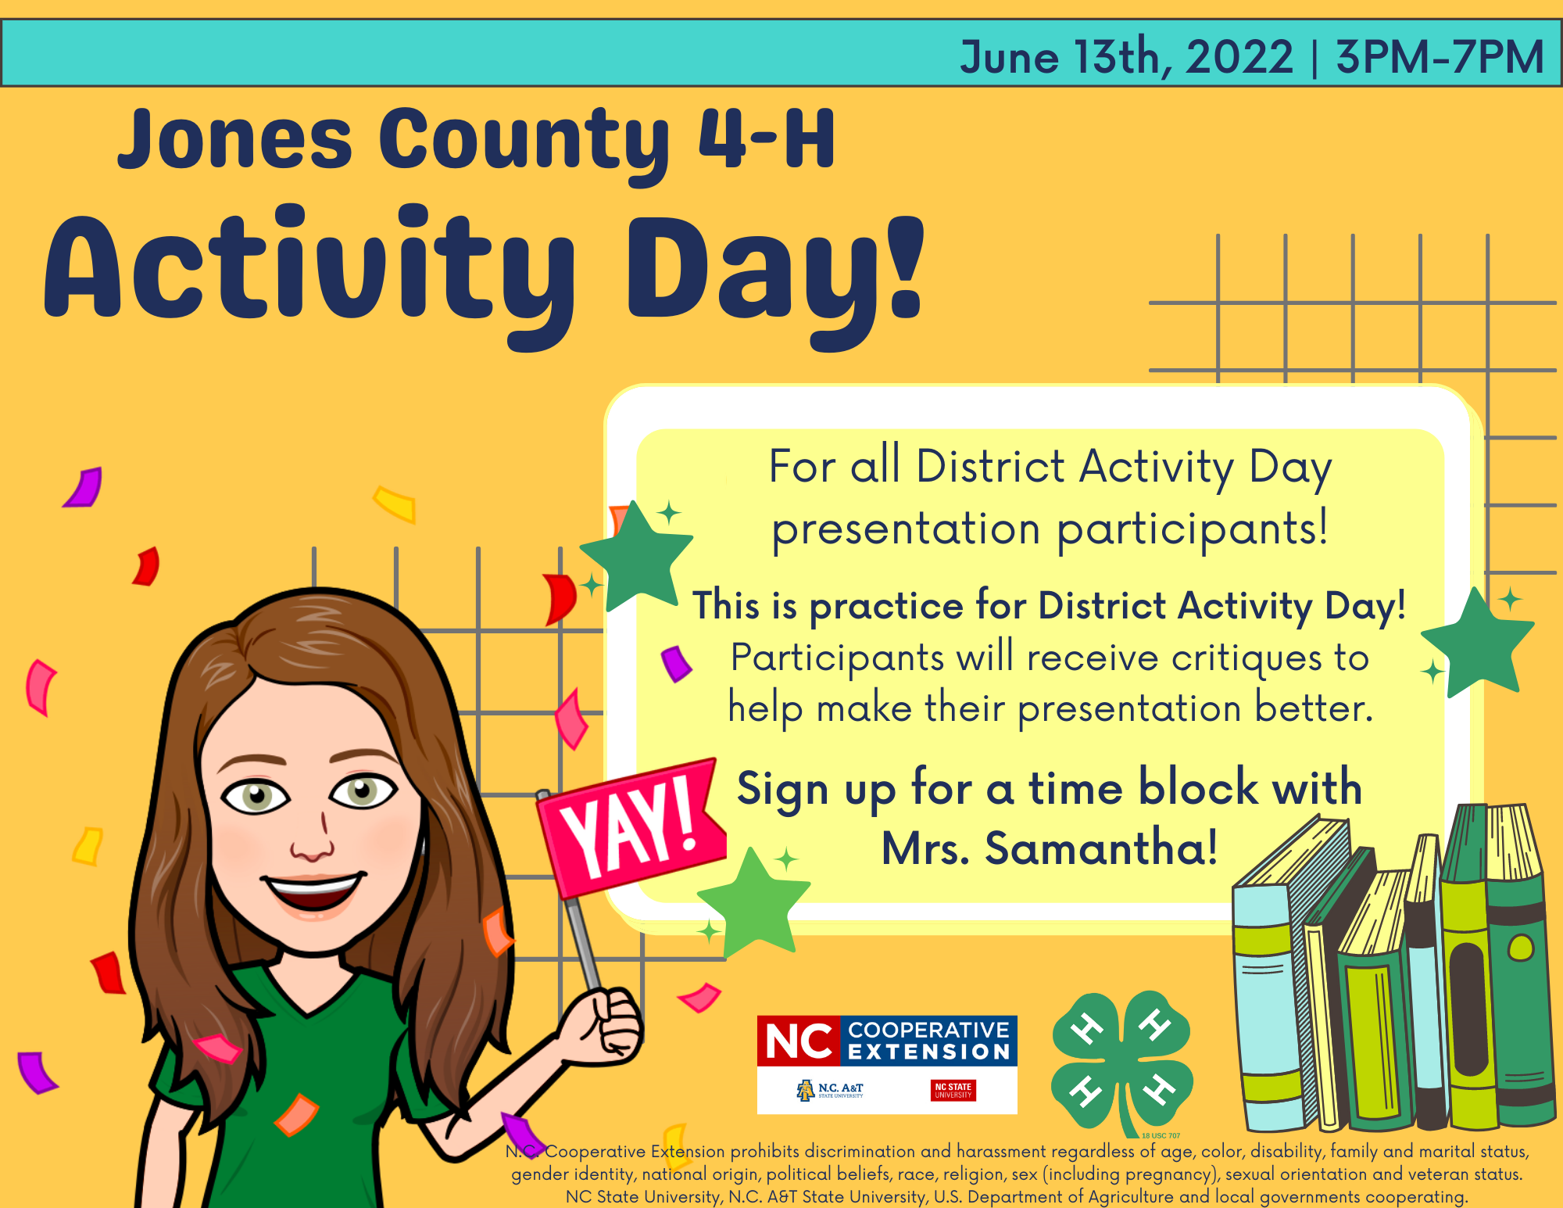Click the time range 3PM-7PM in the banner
[x=1440, y=56]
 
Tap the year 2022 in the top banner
[x=1239, y=57]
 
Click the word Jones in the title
[x=235, y=140]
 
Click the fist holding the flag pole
[x=610, y=1024]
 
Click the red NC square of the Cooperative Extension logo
[x=799, y=1041]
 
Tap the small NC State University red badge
[x=953, y=1090]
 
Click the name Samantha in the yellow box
[x=1101, y=848]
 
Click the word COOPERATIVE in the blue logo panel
[x=929, y=1030]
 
